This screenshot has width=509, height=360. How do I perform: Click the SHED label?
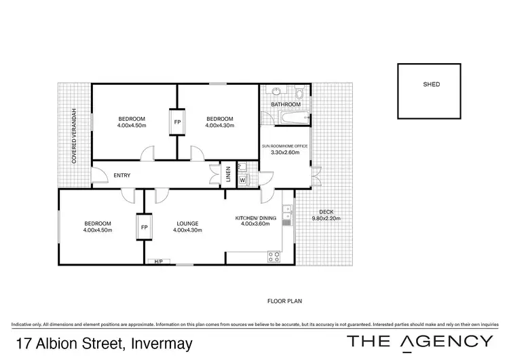tap(431, 85)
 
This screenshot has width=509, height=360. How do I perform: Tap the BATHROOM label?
tap(286, 105)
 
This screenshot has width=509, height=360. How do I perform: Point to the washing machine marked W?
tap(242, 180)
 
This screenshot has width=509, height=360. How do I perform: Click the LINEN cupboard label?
tap(229, 175)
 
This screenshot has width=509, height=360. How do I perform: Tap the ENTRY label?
tap(121, 176)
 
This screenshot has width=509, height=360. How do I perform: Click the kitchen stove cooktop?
tap(274, 256)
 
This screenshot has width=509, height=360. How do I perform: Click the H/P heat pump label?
tap(159, 262)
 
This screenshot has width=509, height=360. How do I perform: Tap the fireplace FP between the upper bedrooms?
tap(177, 122)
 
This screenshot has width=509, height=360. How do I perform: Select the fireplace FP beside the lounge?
tap(144, 228)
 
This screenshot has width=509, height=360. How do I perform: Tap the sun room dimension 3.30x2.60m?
tap(285, 154)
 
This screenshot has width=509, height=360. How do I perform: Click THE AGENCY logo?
tap(420, 341)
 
